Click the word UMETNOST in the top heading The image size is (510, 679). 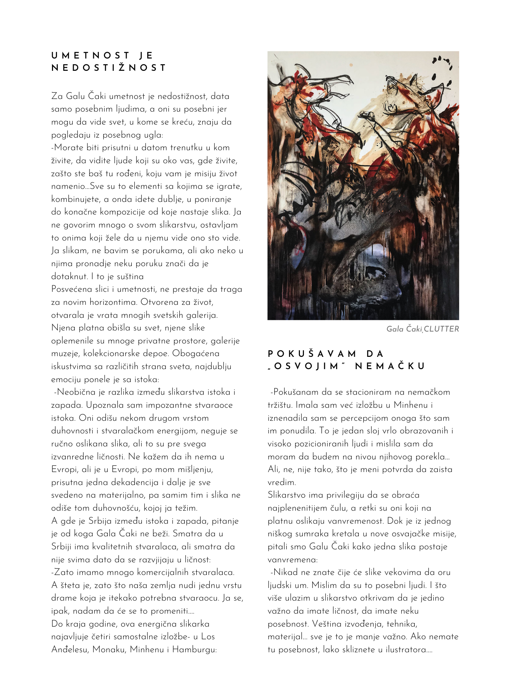pyautogui.click(x=91, y=56)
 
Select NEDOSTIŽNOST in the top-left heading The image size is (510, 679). pyautogui.click(x=109, y=68)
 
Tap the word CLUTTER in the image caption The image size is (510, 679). pyautogui.click(x=441, y=329)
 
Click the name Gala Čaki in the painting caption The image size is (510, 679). pyautogui.click(x=404, y=329)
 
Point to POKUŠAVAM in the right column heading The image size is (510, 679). pyautogui.click(x=312, y=354)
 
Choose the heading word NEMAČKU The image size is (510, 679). pyautogui.click(x=390, y=367)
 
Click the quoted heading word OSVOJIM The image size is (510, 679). pyautogui.click(x=306, y=367)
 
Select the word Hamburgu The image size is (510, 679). pyautogui.click(x=194, y=649)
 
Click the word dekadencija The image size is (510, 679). pyautogui.click(x=135, y=482)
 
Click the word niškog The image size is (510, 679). pyautogui.click(x=280, y=534)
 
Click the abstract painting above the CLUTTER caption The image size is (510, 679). pyautogui.click(x=363, y=185)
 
